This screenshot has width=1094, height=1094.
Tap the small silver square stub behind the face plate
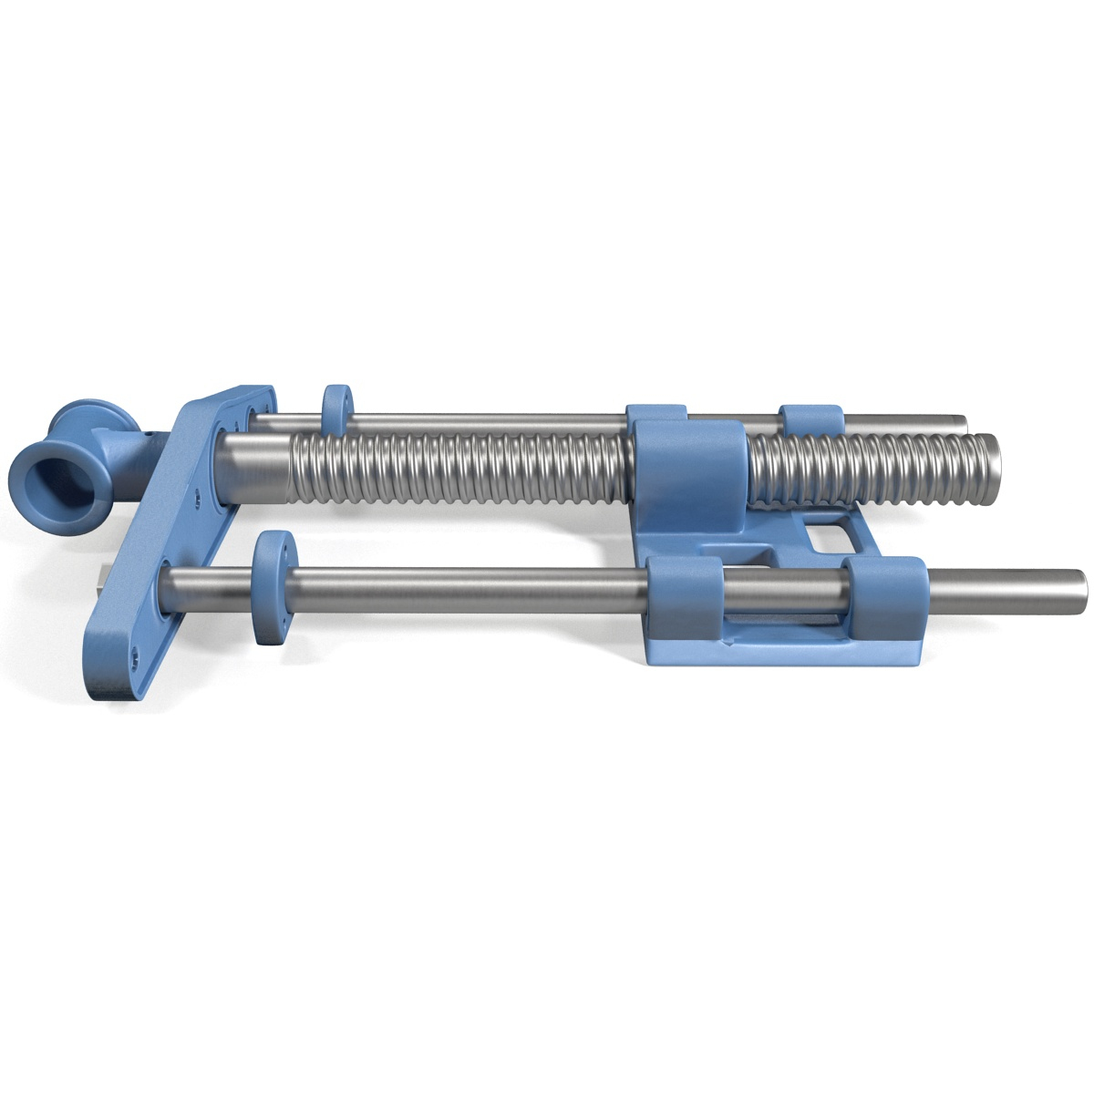(99, 578)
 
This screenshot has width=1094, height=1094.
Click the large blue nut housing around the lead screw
(688, 474)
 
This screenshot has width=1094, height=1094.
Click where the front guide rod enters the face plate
(170, 578)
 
